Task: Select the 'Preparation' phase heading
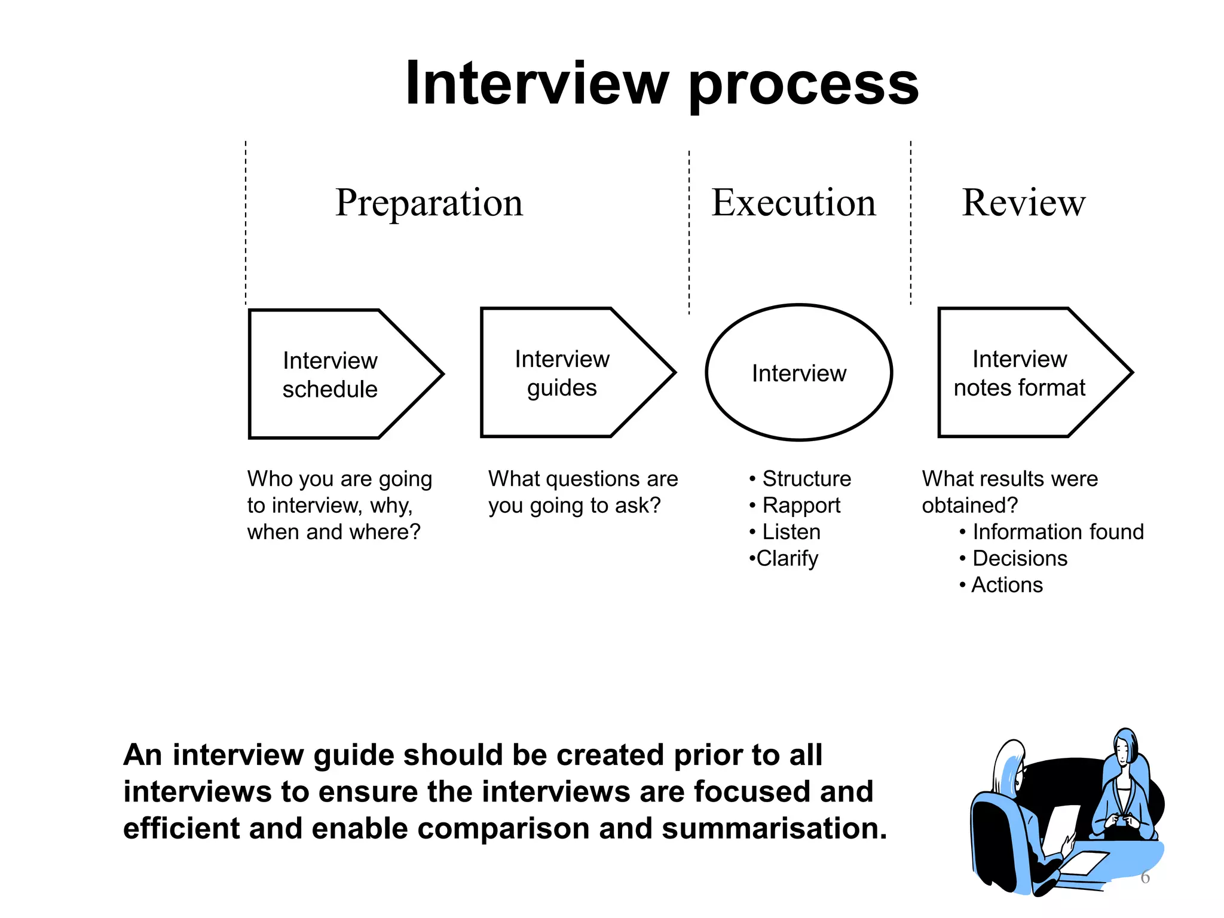pos(429,203)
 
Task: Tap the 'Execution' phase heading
pos(793,203)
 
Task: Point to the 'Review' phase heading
pos(1023,203)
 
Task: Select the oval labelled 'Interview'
pos(798,373)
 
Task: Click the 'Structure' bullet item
pos(806,479)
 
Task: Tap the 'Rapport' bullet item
pos(801,506)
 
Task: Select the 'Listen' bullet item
pos(791,532)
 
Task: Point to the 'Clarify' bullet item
pos(787,559)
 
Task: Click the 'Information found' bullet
pos(1057,532)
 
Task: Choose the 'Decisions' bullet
pos(1020,558)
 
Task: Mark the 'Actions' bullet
pos(1007,585)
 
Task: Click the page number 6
pos(1145,877)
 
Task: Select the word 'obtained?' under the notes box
pos(969,506)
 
